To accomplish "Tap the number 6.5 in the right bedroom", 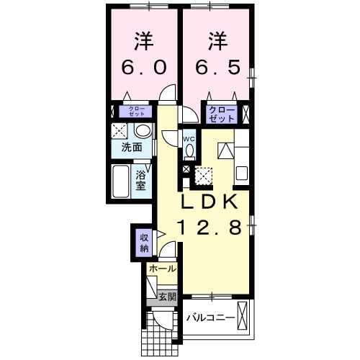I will [216, 67].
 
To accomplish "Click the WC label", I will [189, 139].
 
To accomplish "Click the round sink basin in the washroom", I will [143, 131].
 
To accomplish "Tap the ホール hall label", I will [161, 268].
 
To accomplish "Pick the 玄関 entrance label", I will [166, 297].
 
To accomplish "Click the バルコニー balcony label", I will [212, 317].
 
